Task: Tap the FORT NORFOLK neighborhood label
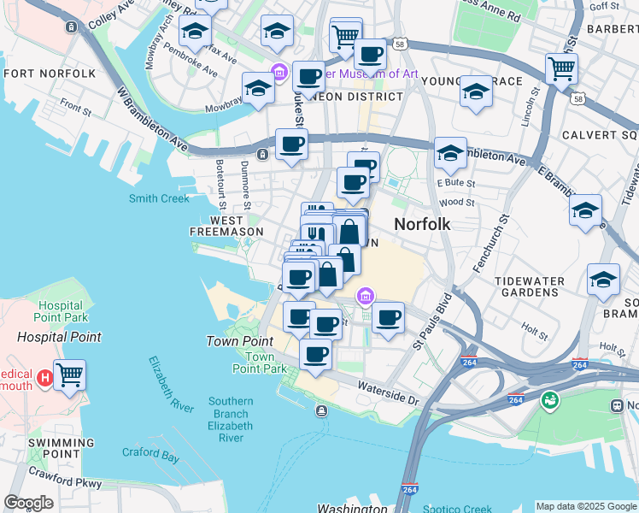[50, 74]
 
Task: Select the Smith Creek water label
[159, 198]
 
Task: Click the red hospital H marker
[44, 374]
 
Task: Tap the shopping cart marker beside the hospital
[70, 374]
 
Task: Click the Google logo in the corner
[27, 503]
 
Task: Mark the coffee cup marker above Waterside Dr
[315, 354]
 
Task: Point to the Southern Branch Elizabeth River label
[230, 419]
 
